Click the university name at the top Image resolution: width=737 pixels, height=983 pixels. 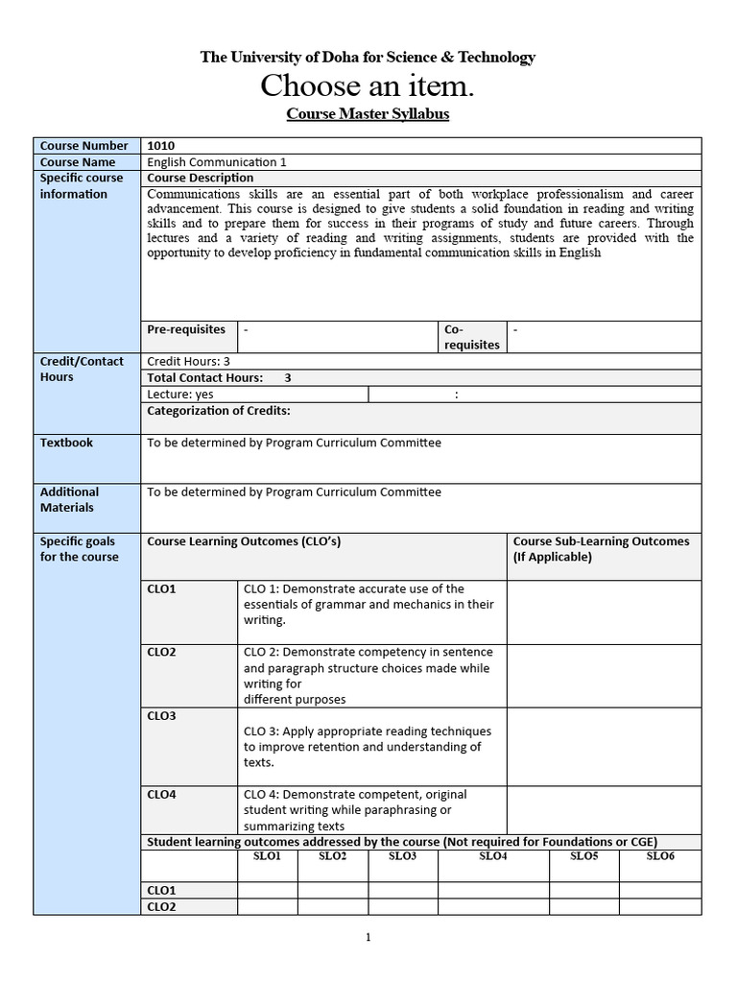[x=368, y=58]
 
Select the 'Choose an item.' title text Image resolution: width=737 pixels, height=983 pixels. [x=368, y=87]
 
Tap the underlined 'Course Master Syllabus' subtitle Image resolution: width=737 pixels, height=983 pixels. [x=368, y=114]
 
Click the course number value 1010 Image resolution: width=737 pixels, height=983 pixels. [x=161, y=146]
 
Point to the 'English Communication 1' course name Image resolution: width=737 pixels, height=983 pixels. [x=216, y=162]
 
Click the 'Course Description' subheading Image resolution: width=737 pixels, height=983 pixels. [x=200, y=178]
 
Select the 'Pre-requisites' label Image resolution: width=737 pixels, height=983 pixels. [x=186, y=329]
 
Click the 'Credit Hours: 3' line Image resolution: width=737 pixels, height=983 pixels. [x=188, y=362]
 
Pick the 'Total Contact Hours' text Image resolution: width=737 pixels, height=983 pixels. [x=205, y=378]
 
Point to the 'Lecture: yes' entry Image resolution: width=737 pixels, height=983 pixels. [x=180, y=395]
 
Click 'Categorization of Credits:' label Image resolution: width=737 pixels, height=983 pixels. [x=219, y=411]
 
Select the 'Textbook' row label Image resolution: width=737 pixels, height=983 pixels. [x=66, y=443]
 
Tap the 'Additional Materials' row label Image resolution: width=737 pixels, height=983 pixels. [x=69, y=499]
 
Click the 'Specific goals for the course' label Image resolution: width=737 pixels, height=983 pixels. [x=79, y=549]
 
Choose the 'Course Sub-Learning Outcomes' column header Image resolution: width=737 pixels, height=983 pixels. [x=601, y=549]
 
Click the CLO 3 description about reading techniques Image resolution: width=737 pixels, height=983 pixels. [x=367, y=747]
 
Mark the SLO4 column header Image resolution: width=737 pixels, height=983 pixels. [x=492, y=856]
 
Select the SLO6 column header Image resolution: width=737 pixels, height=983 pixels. [x=660, y=856]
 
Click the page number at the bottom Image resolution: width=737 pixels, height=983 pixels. [x=368, y=939]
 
